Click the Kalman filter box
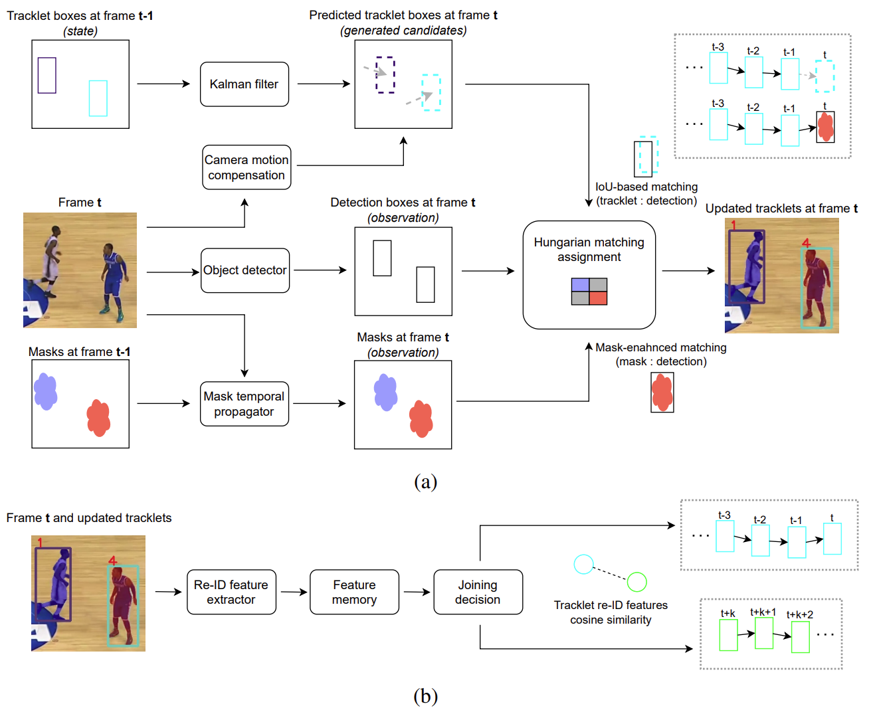(x=244, y=84)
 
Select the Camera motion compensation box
(x=246, y=167)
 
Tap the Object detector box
(x=244, y=270)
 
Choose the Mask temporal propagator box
(x=244, y=403)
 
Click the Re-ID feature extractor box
(x=231, y=592)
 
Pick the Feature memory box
(x=354, y=592)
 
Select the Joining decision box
(x=478, y=592)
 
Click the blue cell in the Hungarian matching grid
(x=580, y=285)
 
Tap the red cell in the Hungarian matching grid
(x=598, y=298)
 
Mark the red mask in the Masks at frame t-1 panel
(x=98, y=418)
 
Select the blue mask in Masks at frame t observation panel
(x=385, y=393)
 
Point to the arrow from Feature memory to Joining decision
(x=417, y=592)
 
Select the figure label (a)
(x=425, y=482)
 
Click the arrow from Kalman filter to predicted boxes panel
(x=324, y=84)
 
